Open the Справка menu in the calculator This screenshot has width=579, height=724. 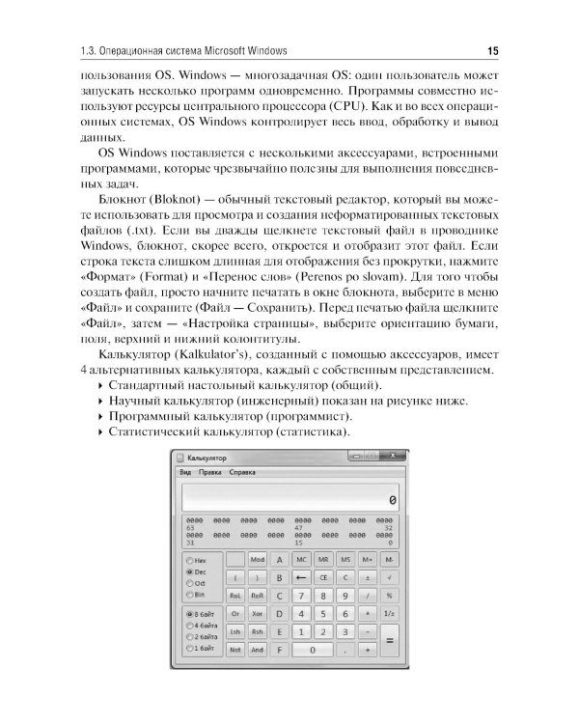coord(243,472)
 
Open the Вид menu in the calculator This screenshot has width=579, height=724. coord(185,472)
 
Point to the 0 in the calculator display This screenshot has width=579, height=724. coord(391,500)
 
